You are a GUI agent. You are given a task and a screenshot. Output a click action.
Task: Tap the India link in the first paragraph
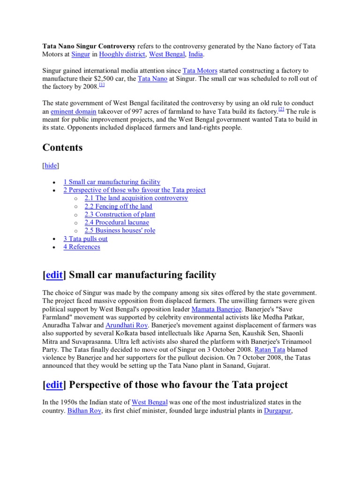click(x=195, y=55)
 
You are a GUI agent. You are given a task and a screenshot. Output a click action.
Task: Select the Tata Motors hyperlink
click(x=200, y=71)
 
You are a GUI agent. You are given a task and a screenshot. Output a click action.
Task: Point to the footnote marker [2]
click(x=281, y=109)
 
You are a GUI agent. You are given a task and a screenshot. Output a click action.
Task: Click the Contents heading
click(x=62, y=148)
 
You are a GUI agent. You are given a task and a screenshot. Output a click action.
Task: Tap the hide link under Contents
click(x=51, y=166)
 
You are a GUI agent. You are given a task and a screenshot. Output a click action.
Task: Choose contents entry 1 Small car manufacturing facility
click(x=112, y=182)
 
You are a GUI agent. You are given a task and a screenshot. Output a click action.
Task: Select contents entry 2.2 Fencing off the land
click(x=118, y=206)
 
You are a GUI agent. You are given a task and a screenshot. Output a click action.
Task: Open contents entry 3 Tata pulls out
click(x=85, y=239)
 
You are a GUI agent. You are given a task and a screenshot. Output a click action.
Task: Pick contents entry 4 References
click(x=82, y=247)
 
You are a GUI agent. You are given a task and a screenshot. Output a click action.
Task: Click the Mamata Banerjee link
click(x=216, y=309)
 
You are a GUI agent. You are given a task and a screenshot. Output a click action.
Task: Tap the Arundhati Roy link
click(x=125, y=325)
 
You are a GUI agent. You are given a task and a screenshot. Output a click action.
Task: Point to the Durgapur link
click(x=278, y=410)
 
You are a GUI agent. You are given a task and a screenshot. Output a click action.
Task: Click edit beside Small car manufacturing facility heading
click(x=54, y=275)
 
